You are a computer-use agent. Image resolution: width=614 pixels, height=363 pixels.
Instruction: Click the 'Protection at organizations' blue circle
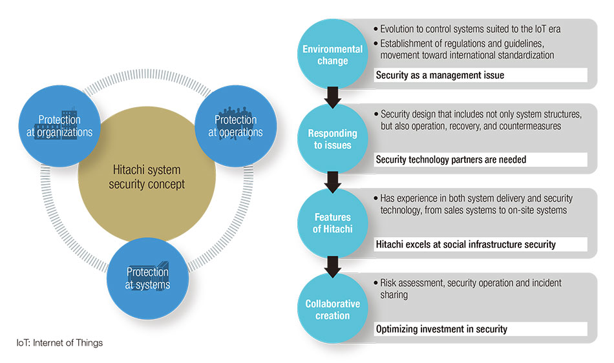point(59,126)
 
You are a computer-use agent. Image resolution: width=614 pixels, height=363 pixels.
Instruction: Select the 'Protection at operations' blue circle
point(236,126)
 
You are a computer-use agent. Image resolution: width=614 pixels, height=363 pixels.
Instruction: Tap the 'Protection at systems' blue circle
point(147,278)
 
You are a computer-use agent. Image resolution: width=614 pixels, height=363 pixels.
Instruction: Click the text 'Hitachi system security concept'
point(147,177)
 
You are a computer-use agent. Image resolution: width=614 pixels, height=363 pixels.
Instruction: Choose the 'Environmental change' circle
point(332,54)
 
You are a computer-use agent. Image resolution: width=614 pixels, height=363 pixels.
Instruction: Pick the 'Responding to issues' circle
point(332,139)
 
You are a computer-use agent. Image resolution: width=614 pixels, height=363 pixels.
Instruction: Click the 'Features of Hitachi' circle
point(332,223)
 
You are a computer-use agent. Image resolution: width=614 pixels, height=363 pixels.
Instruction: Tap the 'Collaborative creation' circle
point(332,309)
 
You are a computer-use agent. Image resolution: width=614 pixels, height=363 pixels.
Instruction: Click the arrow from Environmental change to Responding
point(332,98)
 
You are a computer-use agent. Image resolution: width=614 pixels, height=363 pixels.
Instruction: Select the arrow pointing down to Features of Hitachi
point(332,182)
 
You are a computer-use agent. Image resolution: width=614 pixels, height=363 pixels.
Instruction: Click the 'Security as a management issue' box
point(480,75)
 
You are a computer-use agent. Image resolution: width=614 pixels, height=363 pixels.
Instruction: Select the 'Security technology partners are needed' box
point(480,160)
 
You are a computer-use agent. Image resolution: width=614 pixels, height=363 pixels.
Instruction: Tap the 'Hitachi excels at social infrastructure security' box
point(480,245)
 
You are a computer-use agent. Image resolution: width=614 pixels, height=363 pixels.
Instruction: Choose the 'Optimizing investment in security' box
point(480,329)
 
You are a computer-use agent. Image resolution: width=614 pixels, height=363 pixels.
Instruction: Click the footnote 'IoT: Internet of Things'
point(59,343)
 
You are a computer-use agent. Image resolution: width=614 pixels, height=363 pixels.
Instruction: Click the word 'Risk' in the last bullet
point(388,283)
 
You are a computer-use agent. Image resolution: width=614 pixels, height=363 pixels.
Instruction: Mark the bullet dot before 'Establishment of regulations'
point(376,43)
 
